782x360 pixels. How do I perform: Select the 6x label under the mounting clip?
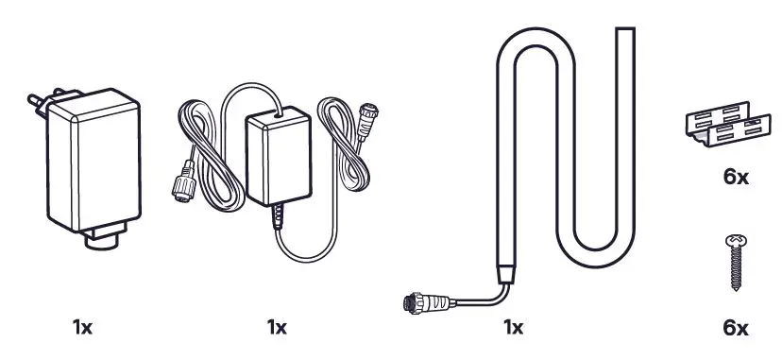pyautogui.click(x=735, y=177)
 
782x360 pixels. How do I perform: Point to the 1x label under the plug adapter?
pyautogui.click(x=83, y=328)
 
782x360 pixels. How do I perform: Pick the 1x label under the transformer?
pyautogui.click(x=276, y=328)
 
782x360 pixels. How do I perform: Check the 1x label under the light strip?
pyautogui.click(x=514, y=328)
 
